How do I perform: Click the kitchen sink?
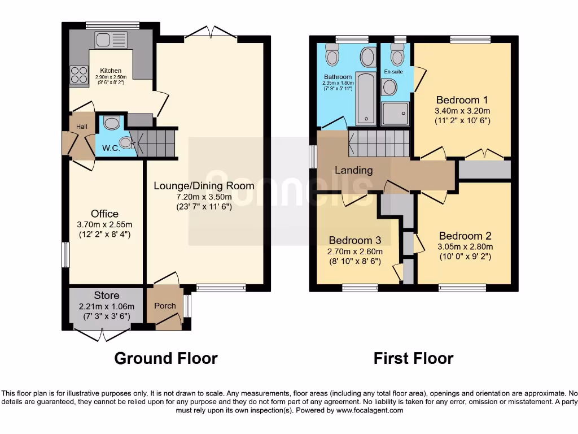point(111,40)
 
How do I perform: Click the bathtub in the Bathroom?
point(366,98)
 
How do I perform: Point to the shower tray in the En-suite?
point(395,113)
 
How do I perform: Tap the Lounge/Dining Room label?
point(204,185)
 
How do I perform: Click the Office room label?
point(105,214)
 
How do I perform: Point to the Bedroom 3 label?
point(355,240)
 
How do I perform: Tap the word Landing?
point(354,170)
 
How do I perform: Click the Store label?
point(106,296)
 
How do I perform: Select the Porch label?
point(165,306)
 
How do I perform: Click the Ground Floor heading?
point(166,358)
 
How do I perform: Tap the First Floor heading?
point(413,358)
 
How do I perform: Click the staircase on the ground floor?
point(157,141)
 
